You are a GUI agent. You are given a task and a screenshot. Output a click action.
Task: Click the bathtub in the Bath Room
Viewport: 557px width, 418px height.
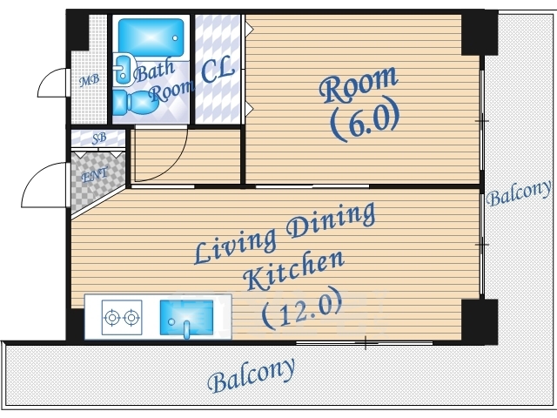(151, 37)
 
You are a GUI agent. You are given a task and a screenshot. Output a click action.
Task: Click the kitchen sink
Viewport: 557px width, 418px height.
(186, 318)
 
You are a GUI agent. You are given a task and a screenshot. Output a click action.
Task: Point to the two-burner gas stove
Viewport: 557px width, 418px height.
(122, 317)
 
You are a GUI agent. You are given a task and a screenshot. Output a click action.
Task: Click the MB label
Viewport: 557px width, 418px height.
(89, 80)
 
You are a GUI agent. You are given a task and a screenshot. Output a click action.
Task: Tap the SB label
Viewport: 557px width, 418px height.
(99, 138)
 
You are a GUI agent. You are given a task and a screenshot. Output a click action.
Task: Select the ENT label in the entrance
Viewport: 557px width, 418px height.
(95, 175)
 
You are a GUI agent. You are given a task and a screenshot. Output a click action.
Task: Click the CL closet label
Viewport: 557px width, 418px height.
(218, 70)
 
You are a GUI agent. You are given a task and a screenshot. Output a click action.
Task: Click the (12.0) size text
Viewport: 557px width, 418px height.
(302, 307)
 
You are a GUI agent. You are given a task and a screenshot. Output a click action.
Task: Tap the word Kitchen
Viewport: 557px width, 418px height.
(294, 270)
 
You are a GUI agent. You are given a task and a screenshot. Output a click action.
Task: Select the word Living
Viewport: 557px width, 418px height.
(235, 246)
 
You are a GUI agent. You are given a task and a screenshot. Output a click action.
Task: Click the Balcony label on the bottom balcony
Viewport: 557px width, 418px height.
(252, 375)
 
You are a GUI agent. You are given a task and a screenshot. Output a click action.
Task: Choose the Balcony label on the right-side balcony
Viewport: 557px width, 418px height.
(519, 192)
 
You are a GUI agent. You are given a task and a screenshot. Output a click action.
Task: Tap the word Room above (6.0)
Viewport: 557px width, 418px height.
(359, 84)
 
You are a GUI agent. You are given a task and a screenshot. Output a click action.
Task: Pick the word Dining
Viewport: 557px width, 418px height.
(331, 221)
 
